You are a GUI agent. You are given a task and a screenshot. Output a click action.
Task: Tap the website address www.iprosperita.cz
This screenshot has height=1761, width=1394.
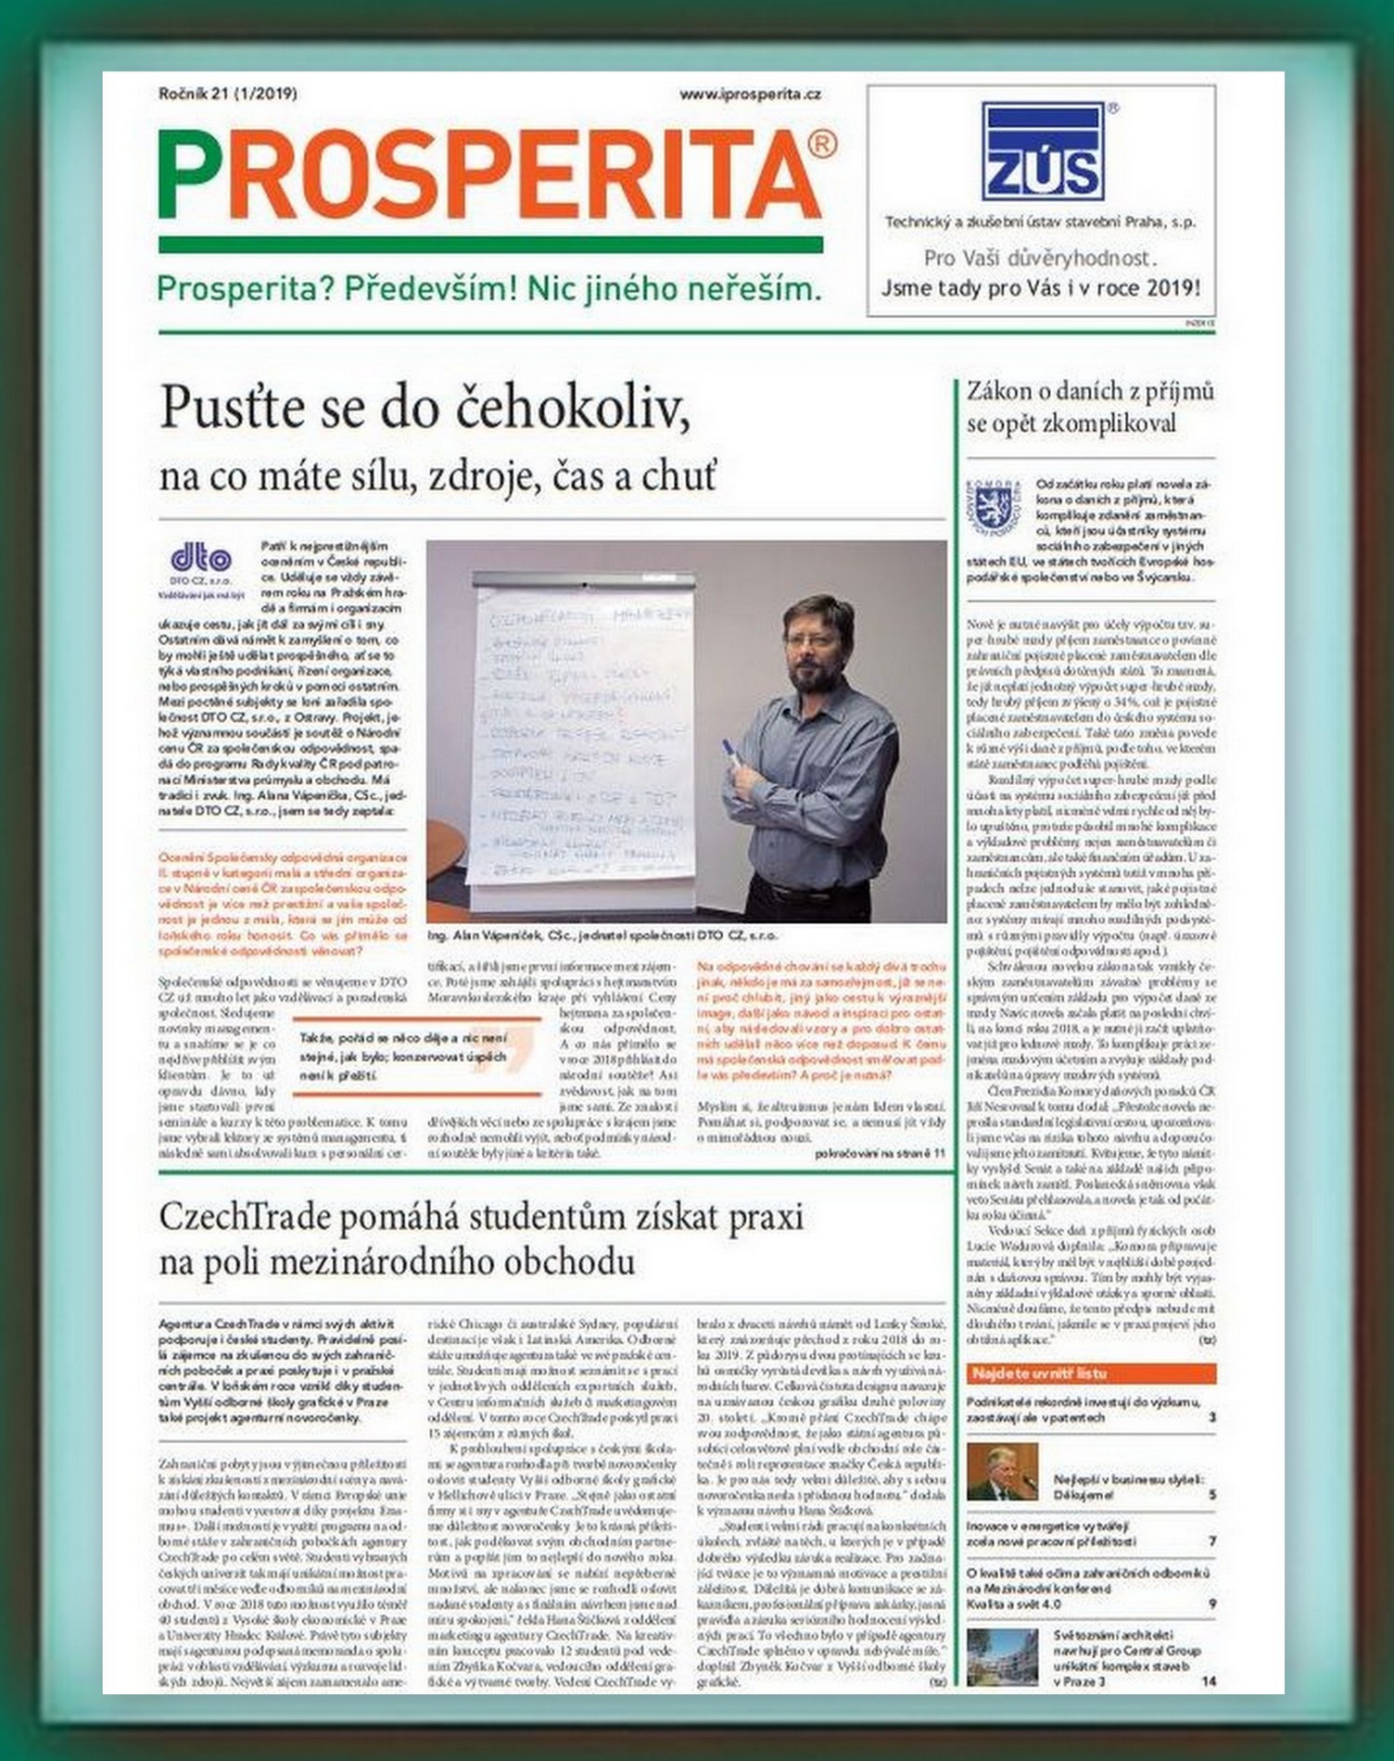[750, 94]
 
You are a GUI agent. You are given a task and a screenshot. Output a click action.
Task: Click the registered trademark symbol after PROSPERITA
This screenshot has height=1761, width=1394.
[823, 144]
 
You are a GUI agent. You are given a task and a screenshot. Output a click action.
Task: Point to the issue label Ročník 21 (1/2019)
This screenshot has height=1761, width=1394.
[228, 94]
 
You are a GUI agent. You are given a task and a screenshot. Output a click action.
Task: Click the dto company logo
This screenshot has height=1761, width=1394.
[201, 560]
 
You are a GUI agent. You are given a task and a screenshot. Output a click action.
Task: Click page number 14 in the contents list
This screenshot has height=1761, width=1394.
[1209, 1681]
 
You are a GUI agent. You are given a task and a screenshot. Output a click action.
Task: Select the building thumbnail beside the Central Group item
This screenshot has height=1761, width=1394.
[1002, 1656]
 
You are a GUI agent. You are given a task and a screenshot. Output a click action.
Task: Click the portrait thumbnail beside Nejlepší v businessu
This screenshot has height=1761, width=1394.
[1002, 1472]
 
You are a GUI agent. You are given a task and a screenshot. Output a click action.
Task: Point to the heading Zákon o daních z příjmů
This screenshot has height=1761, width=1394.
[1090, 391]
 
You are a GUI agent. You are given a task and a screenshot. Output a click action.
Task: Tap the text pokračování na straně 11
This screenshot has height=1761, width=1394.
[880, 1153]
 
